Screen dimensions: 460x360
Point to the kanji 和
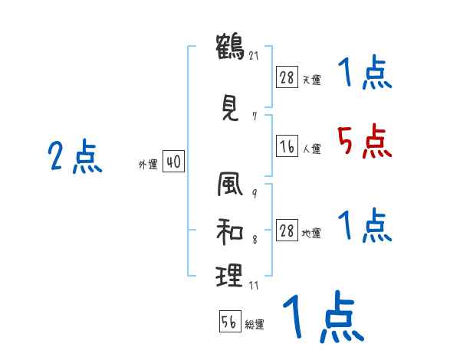[x=229, y=230]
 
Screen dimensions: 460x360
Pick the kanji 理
[x=229, y=273]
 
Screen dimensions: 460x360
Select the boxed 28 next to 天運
[x=287, y=77]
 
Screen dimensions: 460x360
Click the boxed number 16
[x=287, y=146]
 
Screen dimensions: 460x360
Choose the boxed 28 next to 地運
[x=287, y=230]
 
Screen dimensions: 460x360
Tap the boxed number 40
[x=173, y=162]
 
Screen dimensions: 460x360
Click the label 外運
[x=148, y=164]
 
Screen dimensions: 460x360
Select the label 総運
[x=255, y=325]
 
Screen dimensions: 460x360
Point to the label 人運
[x=311, y=149]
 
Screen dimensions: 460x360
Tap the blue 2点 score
[x=74, y=157]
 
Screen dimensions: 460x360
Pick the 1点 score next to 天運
[x=363, y=74]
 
